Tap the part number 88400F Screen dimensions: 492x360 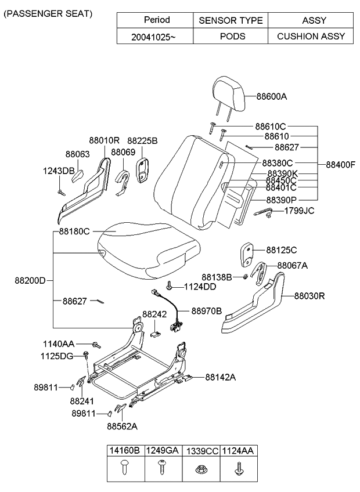[340, 164]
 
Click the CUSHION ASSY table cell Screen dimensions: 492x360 [311, 36]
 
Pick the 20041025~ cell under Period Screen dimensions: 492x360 [155, 36]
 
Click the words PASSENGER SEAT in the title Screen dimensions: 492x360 [48, 13]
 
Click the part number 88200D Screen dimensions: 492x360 [30, 280]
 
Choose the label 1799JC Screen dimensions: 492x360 [299, 210]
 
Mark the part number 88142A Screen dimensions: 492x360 [220, 377]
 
